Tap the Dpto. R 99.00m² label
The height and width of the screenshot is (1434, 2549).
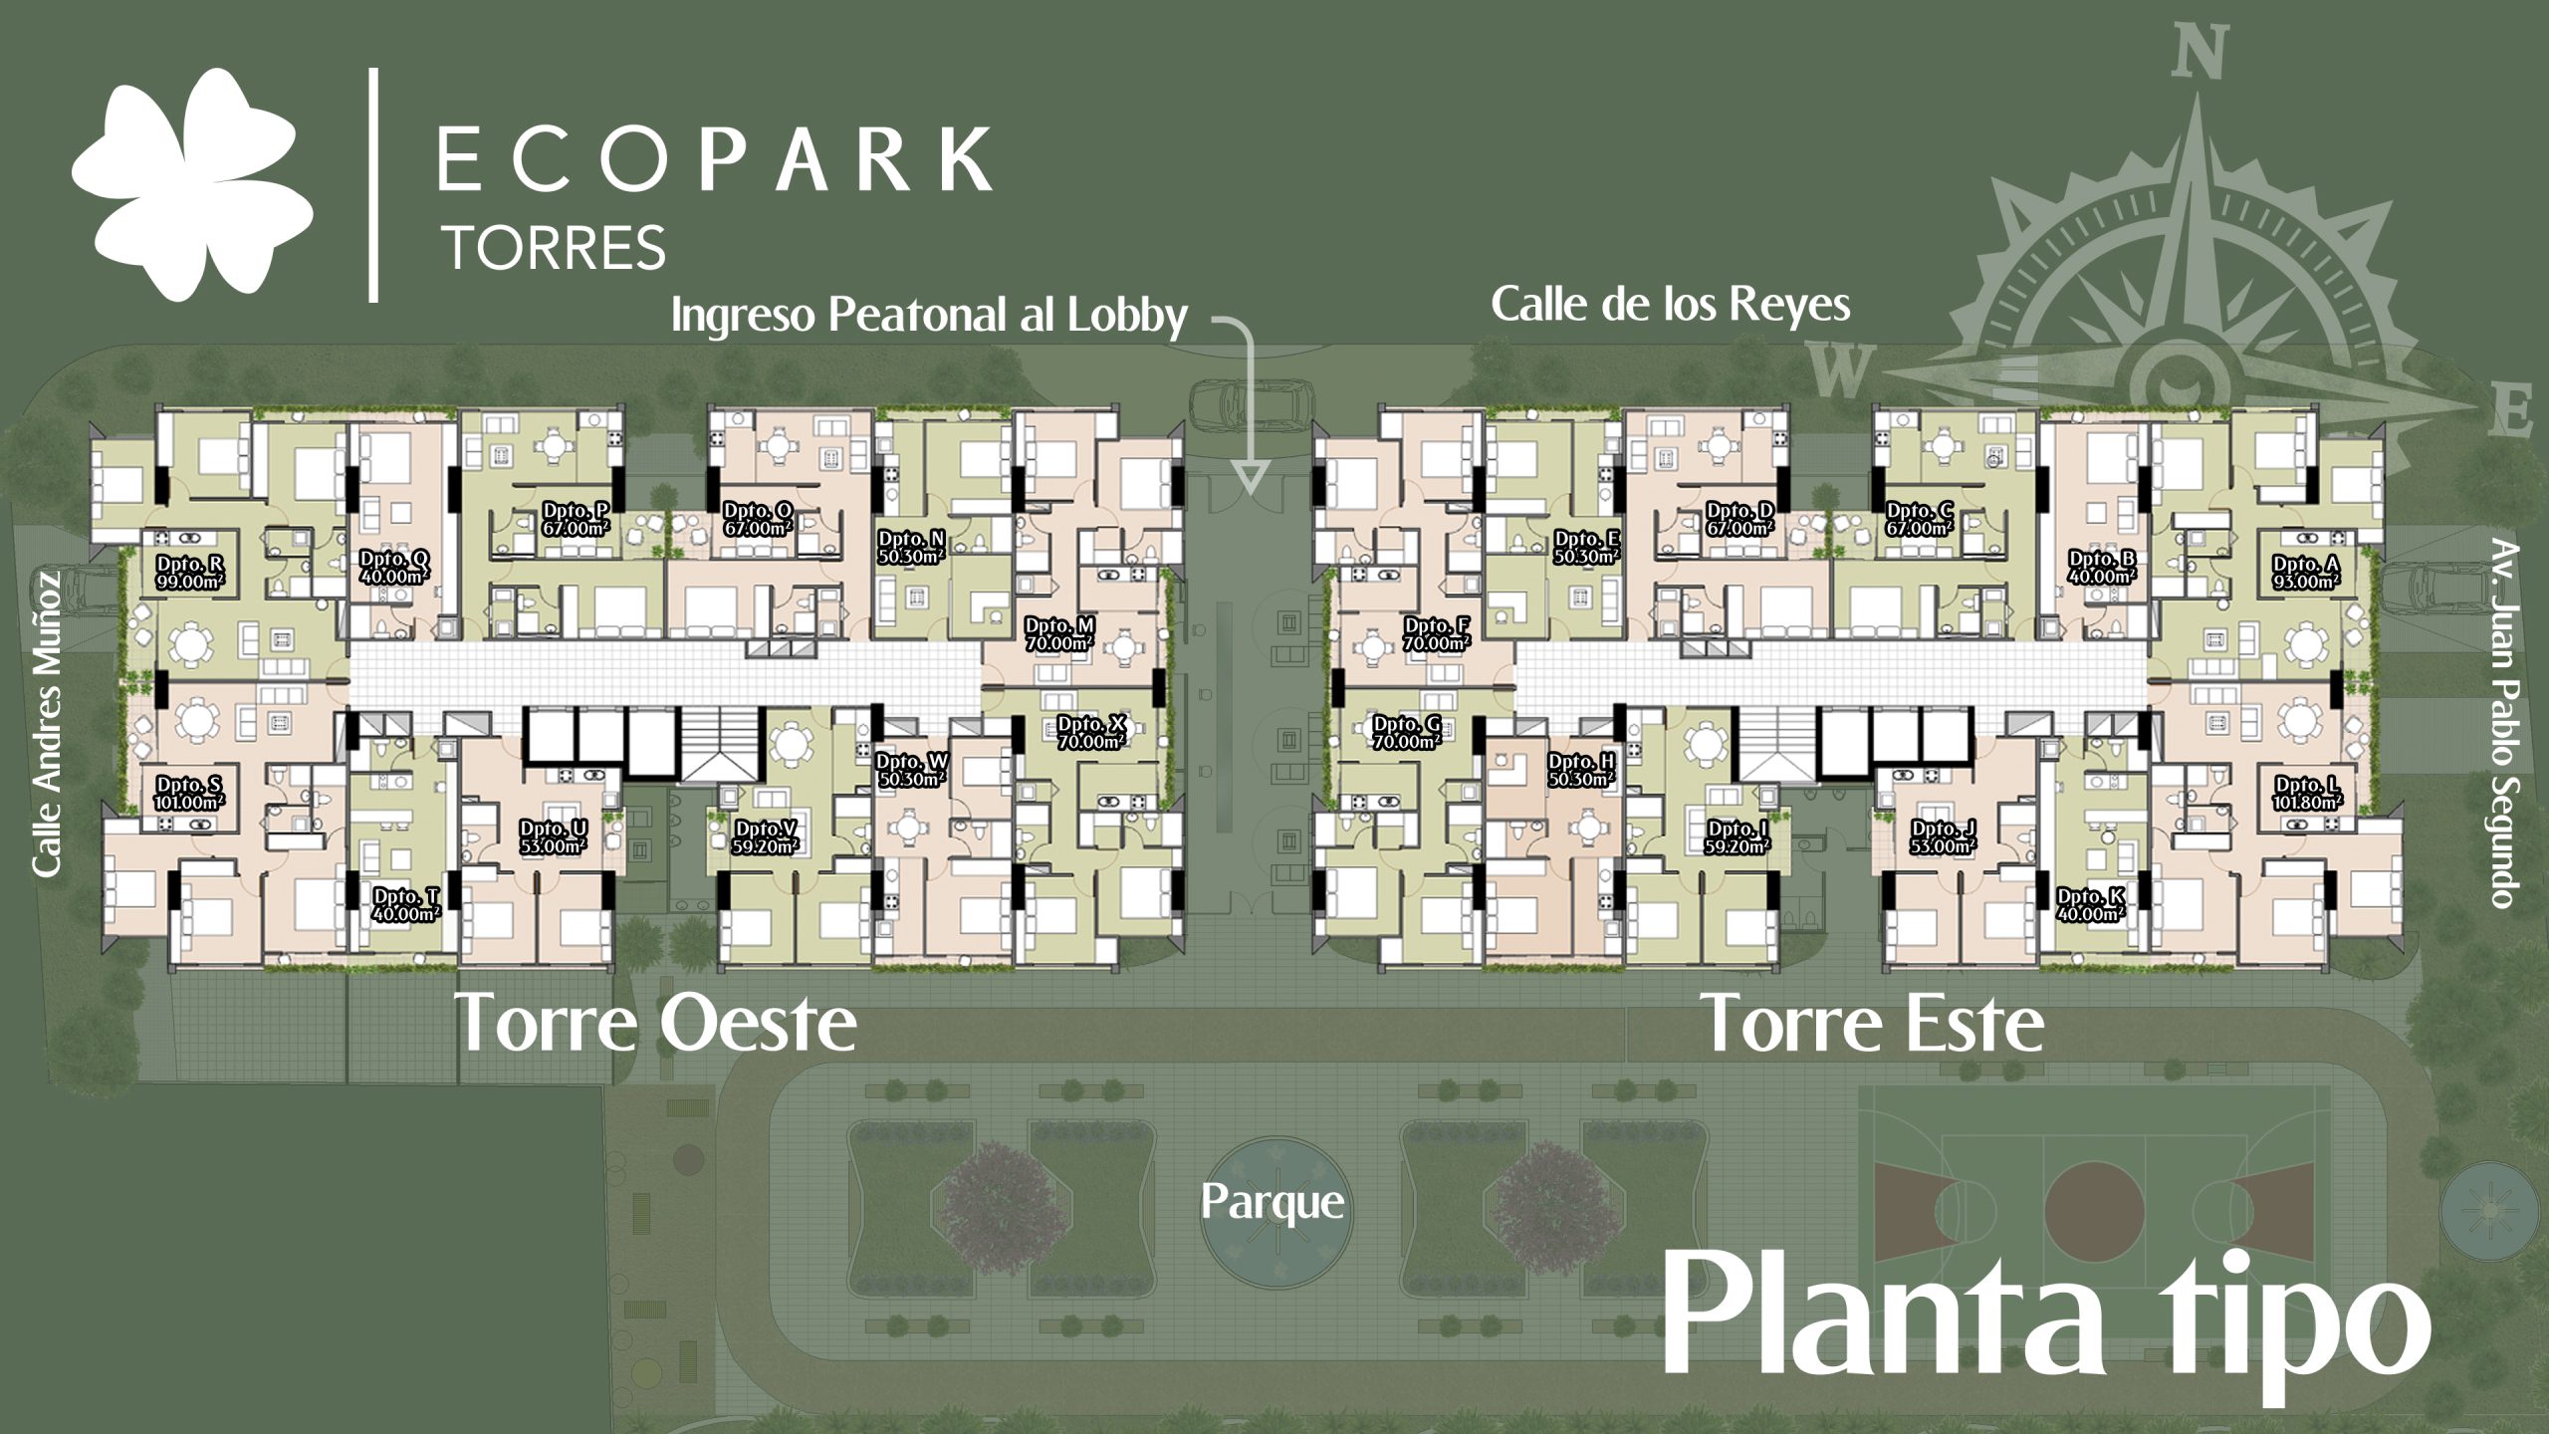click(190, 574)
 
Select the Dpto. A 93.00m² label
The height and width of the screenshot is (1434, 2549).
click(2305, 573)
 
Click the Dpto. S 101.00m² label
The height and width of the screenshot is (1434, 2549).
click(190, 794)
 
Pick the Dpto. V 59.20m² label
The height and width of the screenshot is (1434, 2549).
click(766, 837)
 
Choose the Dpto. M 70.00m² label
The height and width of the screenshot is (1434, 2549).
click(1060, 634)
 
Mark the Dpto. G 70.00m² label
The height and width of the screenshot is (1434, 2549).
click(1407, 733)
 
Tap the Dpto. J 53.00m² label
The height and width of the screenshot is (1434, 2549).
click(1943, 837)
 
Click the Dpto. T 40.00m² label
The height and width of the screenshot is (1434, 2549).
click(406, 905)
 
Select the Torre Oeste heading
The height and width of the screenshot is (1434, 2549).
click(655, 1023)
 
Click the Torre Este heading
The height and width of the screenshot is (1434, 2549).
click(1873, 1023)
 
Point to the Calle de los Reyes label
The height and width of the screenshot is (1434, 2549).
click(1670, 305)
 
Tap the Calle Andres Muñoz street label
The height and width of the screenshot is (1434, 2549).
click(47, 724)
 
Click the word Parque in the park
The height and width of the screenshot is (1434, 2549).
click(1273, 1203)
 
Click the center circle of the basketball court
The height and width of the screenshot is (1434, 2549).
click(2094, 1213)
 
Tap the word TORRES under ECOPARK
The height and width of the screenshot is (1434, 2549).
click(555, 248)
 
